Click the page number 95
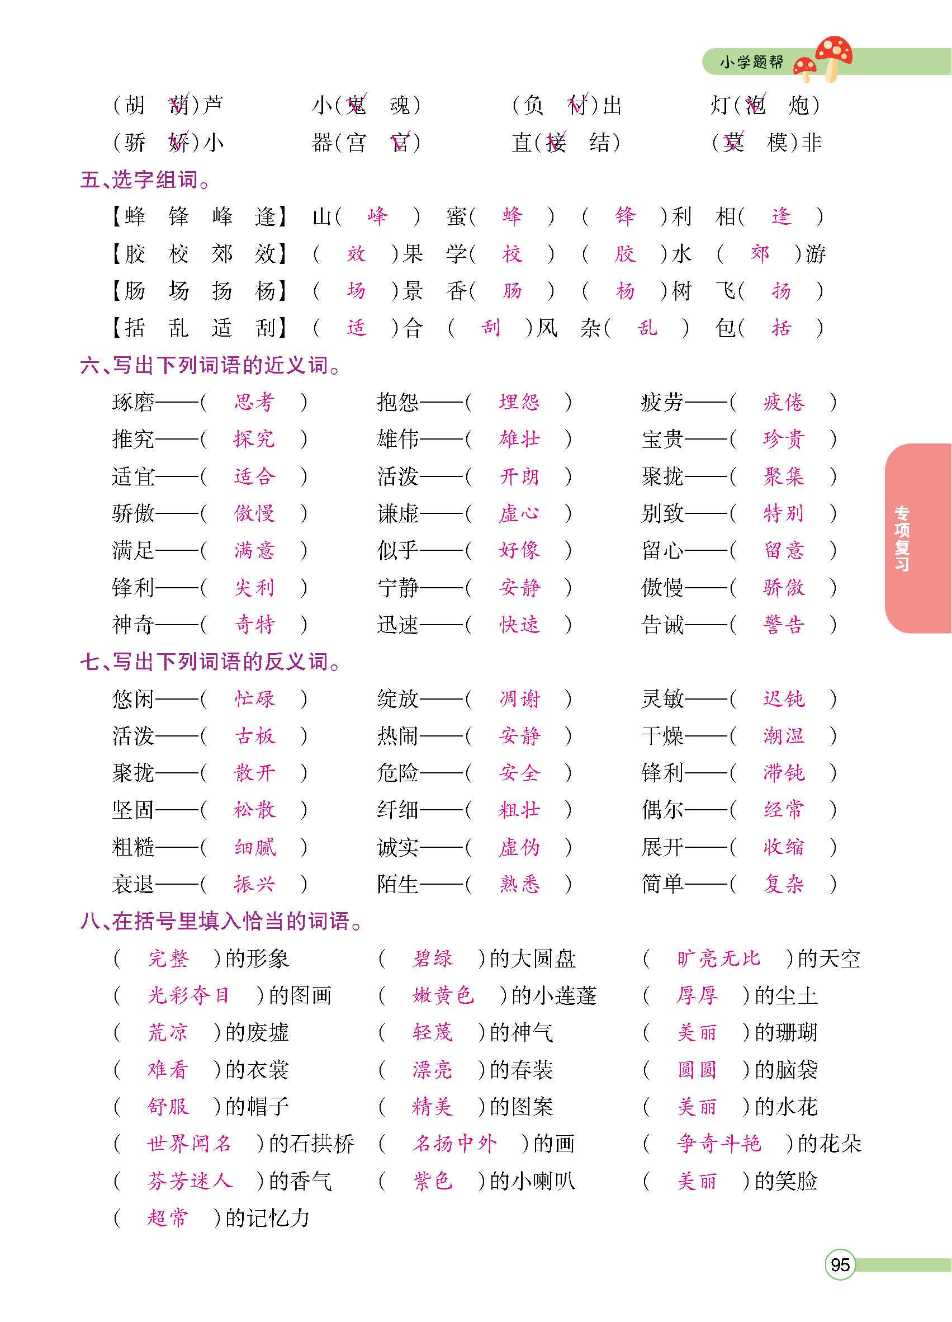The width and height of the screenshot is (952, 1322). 840,1264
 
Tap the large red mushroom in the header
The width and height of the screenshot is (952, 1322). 833,54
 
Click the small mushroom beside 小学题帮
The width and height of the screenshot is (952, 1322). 806,68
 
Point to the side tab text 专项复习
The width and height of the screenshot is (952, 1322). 902,538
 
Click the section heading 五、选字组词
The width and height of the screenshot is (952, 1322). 145,180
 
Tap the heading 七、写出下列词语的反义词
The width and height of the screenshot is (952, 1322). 210,662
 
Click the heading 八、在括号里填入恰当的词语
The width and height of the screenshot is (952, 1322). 221,921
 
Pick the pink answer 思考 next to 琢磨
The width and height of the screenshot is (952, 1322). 254,402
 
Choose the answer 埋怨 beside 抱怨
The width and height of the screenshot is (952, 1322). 519,402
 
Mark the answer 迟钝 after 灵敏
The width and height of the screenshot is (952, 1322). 784,699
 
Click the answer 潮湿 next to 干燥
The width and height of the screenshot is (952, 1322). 784,735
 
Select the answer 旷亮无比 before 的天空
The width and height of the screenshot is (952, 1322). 718,959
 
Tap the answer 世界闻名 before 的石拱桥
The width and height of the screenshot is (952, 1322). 190,1144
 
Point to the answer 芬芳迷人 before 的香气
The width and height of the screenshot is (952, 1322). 190,1181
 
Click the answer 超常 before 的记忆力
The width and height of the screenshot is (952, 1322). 168,1217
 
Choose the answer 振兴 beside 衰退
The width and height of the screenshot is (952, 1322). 254,884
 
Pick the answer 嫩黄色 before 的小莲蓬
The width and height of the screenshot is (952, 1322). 443,995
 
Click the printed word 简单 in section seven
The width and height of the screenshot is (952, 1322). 662,884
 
